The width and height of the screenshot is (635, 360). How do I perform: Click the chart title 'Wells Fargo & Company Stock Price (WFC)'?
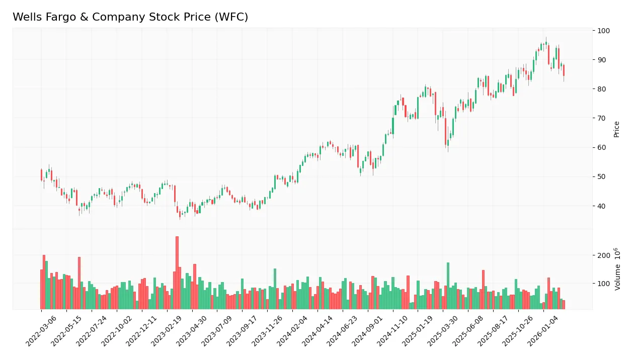click(130, 17)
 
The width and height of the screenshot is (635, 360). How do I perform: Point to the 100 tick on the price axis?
click(603, 31)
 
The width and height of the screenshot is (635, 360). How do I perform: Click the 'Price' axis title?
click(616, 129)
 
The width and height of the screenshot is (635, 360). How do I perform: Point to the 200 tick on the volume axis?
click(603, 255)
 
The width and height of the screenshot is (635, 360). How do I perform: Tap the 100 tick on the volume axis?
click(603, 284)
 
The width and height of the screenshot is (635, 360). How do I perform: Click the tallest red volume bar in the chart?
click(177, 273)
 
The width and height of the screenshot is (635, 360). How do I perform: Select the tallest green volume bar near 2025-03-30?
click(448, 286)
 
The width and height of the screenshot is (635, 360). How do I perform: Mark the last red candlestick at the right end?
click(564, 70)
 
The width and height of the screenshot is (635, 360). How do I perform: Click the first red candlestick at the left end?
click(41, 174)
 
